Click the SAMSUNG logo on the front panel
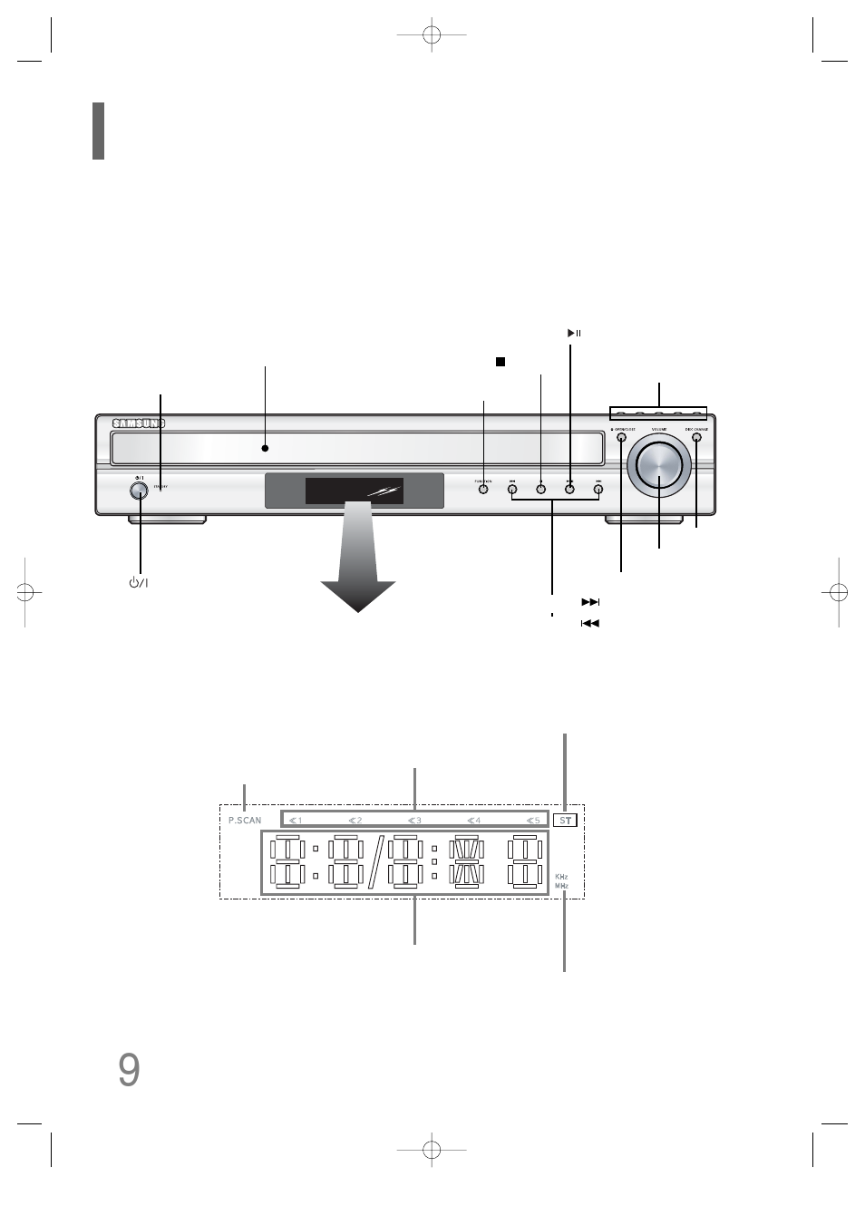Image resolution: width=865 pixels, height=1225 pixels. pos(139,423)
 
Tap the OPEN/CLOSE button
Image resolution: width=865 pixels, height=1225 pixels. pos(621,438)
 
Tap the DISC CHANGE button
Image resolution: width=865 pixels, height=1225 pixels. pos(696,438)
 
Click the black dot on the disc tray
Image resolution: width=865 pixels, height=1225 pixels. pos(266,447)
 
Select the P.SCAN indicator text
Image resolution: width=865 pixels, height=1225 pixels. pos(245,821)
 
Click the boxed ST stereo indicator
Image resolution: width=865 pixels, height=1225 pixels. pos(566,820)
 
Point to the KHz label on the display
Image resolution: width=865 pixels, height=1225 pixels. pos(561,877)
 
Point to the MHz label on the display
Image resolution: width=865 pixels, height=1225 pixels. pos(561,885)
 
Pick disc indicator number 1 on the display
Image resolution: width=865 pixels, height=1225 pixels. pos(296,821)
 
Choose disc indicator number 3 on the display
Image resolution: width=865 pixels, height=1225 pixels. pos(414,821)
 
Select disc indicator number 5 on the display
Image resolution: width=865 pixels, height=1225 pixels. pos(533,821)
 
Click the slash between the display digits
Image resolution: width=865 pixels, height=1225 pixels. pos(374,862)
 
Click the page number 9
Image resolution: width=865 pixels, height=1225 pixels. pos(129,1071)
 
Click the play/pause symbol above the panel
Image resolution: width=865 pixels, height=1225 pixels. pos(573,334)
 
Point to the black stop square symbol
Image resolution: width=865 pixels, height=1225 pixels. pos(500,362)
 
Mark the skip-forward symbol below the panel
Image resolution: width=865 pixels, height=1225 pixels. pos(590,602)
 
